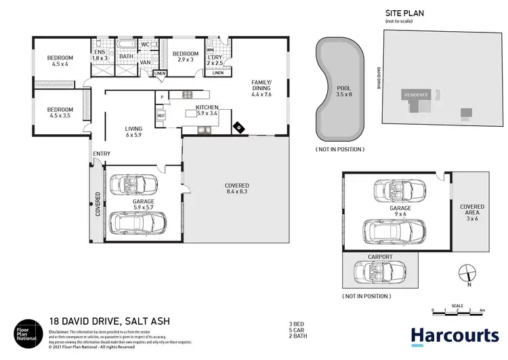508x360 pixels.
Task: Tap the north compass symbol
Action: (465, 275)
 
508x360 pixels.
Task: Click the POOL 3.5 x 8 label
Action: (343, 92)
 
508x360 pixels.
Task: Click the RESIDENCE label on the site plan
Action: (416, 96)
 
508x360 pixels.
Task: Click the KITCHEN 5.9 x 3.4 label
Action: (207, 111)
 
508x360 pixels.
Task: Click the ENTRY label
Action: (102, 154)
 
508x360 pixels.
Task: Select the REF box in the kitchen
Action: (161, 116)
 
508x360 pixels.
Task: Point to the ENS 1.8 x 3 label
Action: (100, 55)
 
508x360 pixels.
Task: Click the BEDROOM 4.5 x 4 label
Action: (60, 62)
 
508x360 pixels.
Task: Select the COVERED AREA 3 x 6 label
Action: (471, 213)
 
